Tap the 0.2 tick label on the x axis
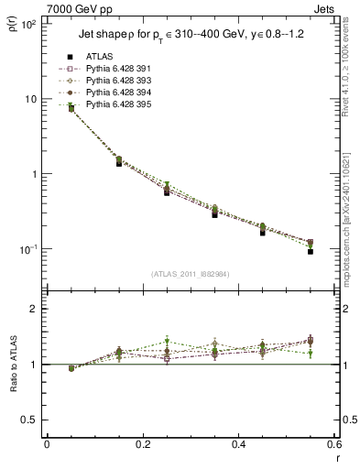142,445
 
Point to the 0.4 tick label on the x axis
238,445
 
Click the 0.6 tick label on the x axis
333,445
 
